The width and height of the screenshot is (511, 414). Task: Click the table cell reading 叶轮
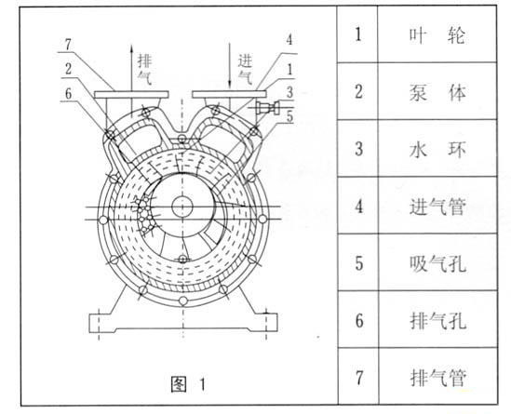coord(437,34)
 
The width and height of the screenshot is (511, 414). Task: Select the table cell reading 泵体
coord(437,91)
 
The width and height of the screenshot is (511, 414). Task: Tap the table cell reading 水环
coord(437,149)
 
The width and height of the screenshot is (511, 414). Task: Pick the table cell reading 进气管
coord(437,206)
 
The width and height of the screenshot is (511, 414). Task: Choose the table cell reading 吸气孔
coord(437,262)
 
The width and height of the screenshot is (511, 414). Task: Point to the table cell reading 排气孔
coord(437,320)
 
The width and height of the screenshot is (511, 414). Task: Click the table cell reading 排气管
coord(437,377)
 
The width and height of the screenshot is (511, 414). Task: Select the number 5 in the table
coord(358,263)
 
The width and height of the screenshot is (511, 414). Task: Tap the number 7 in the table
coord(358,378)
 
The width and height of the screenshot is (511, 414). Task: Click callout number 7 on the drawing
coord(68,45)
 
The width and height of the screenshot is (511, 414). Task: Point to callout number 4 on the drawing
coord(289,40)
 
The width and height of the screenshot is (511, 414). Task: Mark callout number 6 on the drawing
coord(68,94)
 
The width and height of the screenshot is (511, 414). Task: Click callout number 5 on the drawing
coord(289,116)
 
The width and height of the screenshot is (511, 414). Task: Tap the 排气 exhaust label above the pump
coord(144,69)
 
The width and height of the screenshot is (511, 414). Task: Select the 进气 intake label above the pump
coord(245,69)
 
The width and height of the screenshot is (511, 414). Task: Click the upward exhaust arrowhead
coord(131,48)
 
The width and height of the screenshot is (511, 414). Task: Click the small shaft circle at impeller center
coord(182,207)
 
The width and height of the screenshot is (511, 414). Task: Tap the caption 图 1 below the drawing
coord(188,384)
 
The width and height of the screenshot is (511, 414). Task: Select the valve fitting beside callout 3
coord(268,108)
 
